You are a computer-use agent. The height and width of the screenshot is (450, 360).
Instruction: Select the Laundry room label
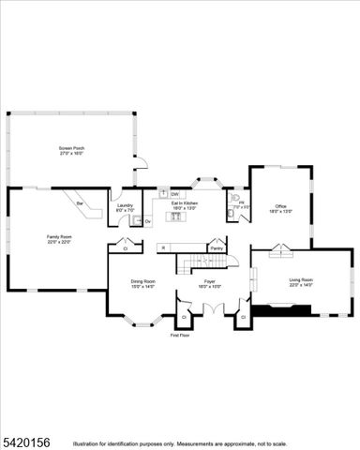click(125, 206)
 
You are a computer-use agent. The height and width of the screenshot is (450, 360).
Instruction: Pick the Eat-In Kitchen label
click(184, 203)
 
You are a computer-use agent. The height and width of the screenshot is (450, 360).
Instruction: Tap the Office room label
click(280, 207)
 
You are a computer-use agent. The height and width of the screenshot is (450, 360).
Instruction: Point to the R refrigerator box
click(162, 247)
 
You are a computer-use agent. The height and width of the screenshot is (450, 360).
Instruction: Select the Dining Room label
click(142, 282)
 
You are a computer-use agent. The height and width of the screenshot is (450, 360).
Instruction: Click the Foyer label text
click(211, 282)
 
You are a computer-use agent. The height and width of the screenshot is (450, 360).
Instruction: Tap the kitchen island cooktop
click(173, 217)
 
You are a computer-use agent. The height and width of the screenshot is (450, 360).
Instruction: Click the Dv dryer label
click(147, 221)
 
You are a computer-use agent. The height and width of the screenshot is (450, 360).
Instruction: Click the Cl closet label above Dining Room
click(125, 249)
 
